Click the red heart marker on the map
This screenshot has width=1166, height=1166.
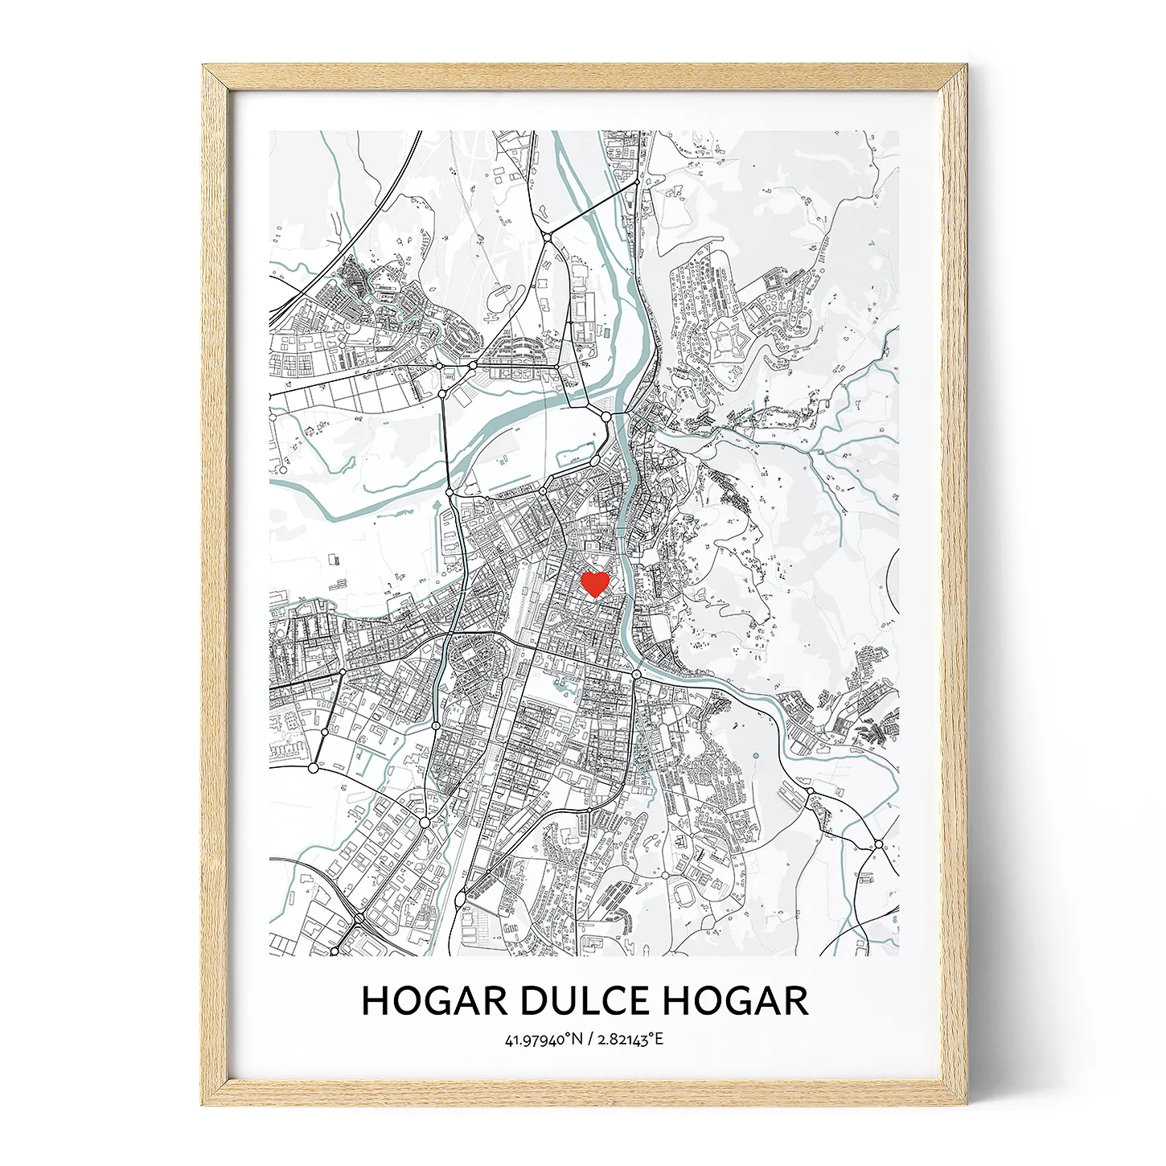click(x=594, y=583)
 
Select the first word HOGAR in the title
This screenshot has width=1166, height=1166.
click(x=434, y=1001)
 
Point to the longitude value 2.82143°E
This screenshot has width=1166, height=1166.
click(x=630, y=1040)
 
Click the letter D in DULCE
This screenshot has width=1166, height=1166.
click(x=534, y=1001)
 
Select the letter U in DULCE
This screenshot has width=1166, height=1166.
click(x=564, y=1001)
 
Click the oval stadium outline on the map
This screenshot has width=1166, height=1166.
click(x=688, y=893)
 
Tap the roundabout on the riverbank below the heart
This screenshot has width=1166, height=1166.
click(x=636, y=674)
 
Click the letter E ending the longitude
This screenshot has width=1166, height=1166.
click(x=660, y=1040)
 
